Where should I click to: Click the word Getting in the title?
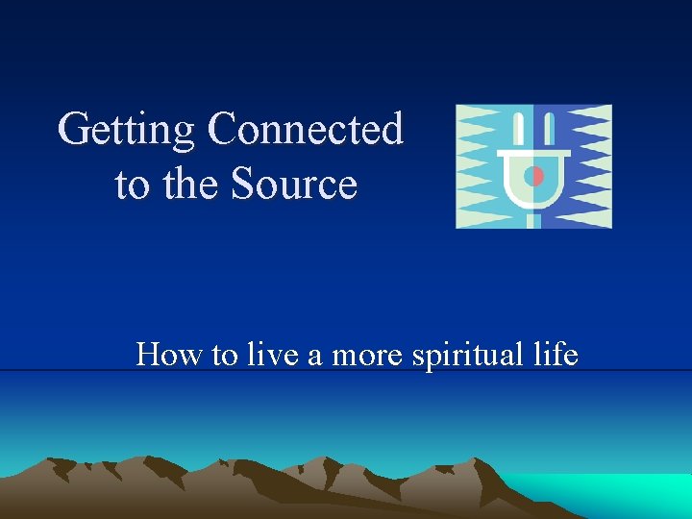pyautogui.click(x=127, y=130)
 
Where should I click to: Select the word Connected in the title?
pyautogui.click(x=305, y=129)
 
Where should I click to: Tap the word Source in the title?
pyautogui.click(x=294, y=184)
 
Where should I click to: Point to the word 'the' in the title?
pyautogui.click(x=192, y=184)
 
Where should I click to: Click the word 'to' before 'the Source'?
pyautogui.click(x=133, y=185)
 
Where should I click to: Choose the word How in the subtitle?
pyautogui.click(x=169, y=355)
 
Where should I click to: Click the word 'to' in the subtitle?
pyautogui.click(x=224, y=356)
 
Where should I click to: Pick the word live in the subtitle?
pyautogui.click(x=272, y=355)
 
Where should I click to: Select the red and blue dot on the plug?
pyautogui.click(x=534, y=176)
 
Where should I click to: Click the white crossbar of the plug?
pyautogui.click(x=533, y=153)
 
